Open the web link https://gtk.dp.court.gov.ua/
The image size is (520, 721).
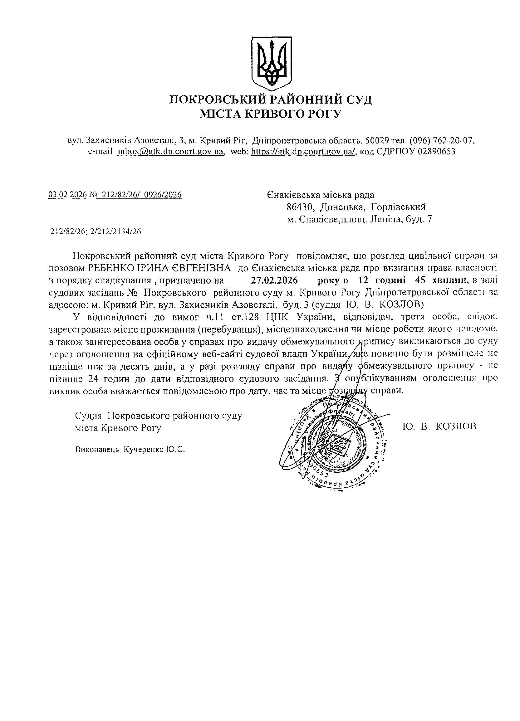pos(303,151)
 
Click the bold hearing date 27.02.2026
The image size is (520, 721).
pos(274,280)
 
